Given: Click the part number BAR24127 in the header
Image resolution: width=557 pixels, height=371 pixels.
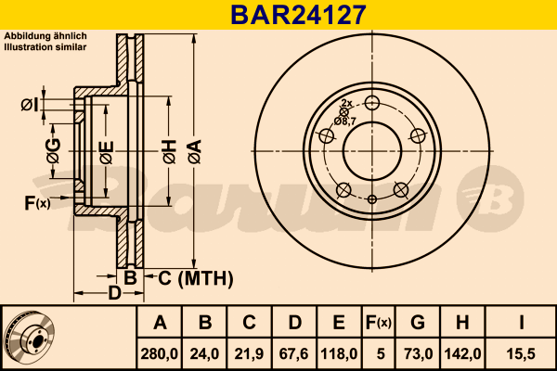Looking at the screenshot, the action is (298, 15).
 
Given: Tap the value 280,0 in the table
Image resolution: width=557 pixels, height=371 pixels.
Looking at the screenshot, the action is (159, 354).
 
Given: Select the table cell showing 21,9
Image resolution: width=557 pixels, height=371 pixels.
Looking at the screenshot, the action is (249, 354).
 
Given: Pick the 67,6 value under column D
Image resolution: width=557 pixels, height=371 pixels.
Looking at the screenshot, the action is (293, 354).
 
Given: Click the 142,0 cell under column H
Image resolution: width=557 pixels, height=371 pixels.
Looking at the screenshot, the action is (463, 354).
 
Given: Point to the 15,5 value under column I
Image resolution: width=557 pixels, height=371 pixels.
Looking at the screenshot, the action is (521, 354).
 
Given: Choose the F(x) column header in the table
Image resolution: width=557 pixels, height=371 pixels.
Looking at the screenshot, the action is (379, 323).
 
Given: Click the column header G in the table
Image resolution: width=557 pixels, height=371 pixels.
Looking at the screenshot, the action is (418, 323).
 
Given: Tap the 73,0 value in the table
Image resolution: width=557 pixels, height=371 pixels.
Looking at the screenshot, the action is (418, 354).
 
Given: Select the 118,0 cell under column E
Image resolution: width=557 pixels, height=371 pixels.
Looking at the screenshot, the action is (339, 354).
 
